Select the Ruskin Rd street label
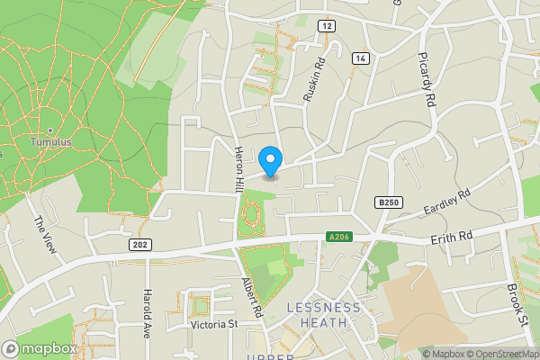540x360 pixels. pyautogui.click(x=313, y=80)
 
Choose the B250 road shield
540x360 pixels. pyautogui.click(x=388, y=203)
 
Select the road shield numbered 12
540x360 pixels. pyautogui.click(x=326, y=26)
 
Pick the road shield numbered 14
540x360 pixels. pyautogui.click(x=360, y=58)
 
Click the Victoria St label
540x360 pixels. pyautogui.click(x=213, y=324)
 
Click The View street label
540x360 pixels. pyautogui.click(x=45, y=236)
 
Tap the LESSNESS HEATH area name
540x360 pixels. pyautogui.click(x=323, y=315)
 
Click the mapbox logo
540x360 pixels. pyautogui.click(x=40, y=347)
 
